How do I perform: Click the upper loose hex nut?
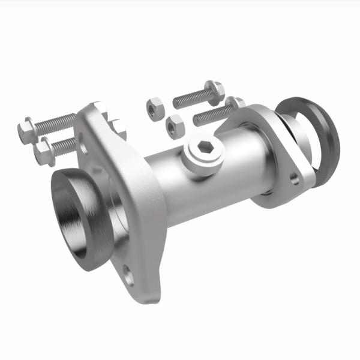[x=154, y=107]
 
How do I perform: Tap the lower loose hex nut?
[x=175, y=125]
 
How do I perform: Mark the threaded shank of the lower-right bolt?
[x=210, y=114]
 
